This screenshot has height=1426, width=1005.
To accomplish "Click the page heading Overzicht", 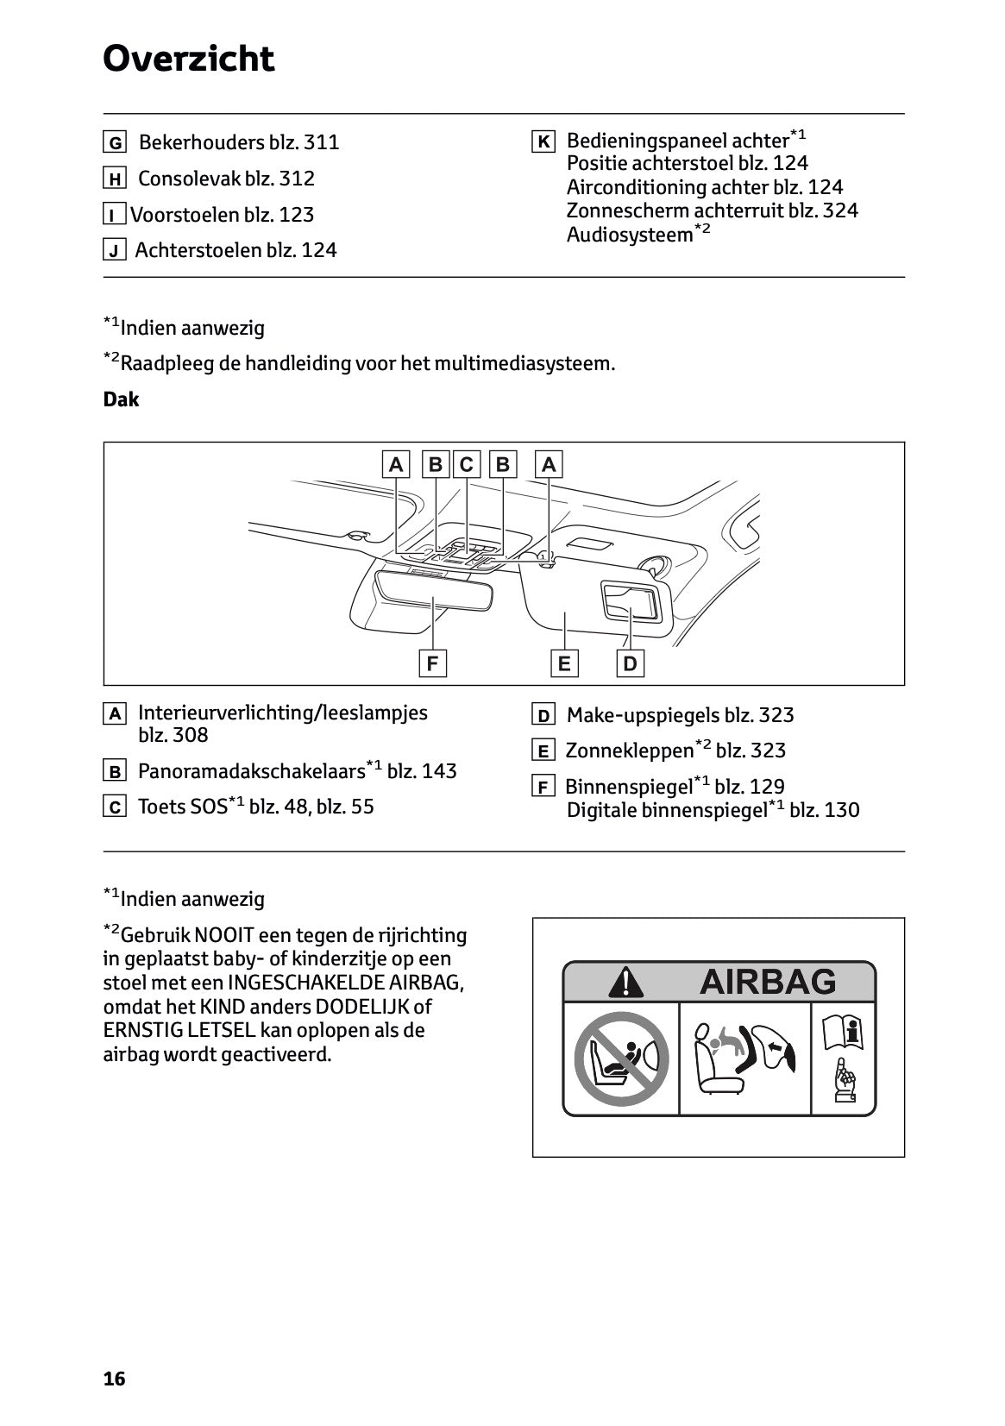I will coord(188,59).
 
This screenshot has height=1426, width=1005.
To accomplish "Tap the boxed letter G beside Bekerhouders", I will coord(114,143).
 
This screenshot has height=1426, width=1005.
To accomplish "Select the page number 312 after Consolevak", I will coord(297,179).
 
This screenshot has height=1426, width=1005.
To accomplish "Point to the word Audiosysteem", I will coord(630,235).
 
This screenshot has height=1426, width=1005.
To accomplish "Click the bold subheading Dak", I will coord(121,399).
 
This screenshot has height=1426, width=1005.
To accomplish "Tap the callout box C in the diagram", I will coord(467,465).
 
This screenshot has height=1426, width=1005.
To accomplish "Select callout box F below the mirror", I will coord(432,663).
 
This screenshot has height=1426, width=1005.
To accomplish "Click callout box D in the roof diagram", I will coord(630,663).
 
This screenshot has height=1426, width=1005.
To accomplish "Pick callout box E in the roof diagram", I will coord(564,663).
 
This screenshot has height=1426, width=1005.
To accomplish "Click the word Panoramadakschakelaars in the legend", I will coord(251,771).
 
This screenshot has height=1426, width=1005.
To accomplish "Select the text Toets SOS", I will coord(182,807).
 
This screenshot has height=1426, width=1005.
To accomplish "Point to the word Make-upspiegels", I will coord(644,715).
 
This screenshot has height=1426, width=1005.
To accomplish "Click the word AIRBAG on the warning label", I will coord(767,982).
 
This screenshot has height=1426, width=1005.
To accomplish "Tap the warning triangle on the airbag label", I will coord(625,982).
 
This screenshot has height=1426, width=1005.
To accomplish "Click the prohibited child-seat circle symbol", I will coord(621,1059).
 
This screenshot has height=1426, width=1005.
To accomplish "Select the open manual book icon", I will coord(844,1033).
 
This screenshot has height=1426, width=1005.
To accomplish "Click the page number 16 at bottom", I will coord(114,1379).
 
